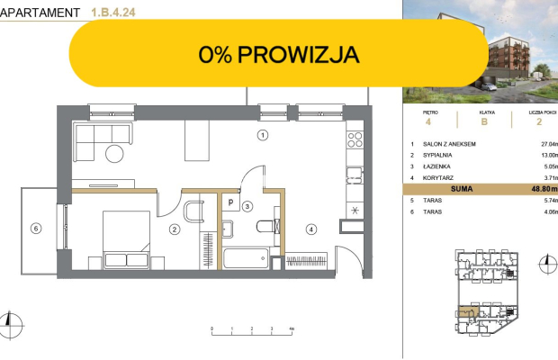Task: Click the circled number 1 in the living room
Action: tap(263, 136)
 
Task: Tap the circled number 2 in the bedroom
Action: tap(173, 229)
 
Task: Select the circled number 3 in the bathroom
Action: tap(248, 206)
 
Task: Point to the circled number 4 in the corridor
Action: tap(310, 229)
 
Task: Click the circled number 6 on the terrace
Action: tap(35, 229)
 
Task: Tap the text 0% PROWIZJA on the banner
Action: tap(279, 55)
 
